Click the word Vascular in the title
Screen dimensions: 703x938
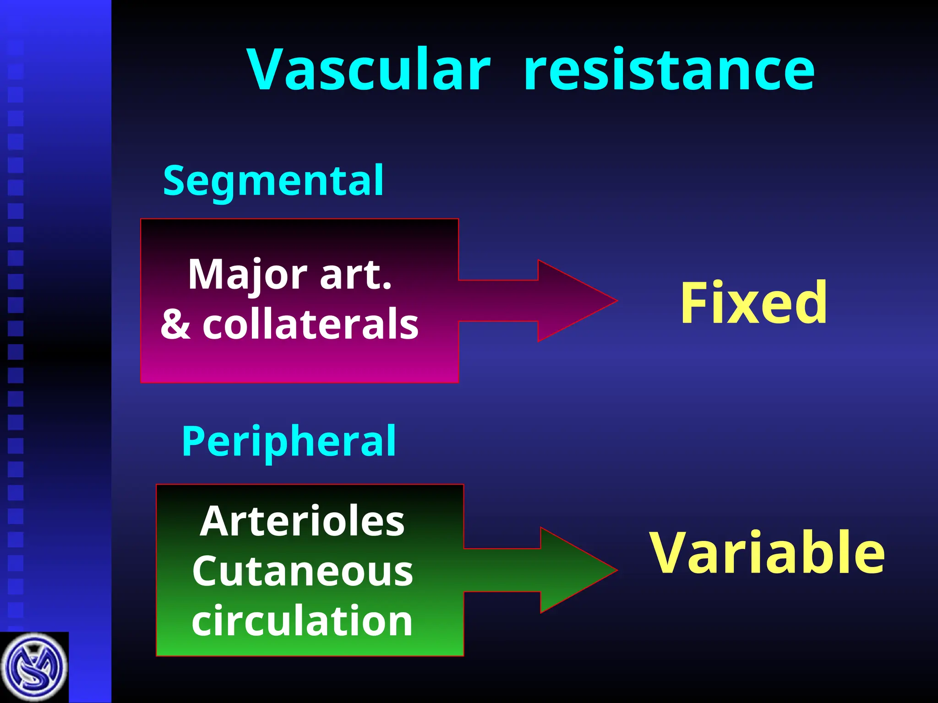pyautogui.click(x=369, y=70)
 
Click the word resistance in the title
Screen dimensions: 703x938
pyautogui.click(x=669, y=70)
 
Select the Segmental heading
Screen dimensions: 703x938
pyautogui.click(x=273, y=180)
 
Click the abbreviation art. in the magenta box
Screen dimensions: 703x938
pyautogui.click(x=356, y=275)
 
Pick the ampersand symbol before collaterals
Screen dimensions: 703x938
pyautogui.click(x=175, y=324)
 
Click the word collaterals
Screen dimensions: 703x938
pyautogui.click(x=311, y=324)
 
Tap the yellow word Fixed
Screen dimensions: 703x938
pyautogui.click(x=754, y=303)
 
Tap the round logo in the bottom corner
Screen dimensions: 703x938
pyautogui.click(x=34, y=668)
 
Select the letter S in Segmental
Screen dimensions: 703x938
pyautogui.click(x=174, y=180)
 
